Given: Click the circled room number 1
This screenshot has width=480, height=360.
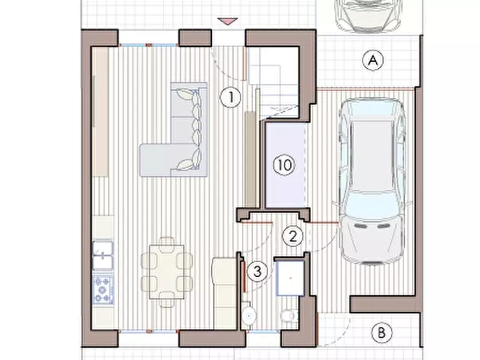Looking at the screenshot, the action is [231, 98].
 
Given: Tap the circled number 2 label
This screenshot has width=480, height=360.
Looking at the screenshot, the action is [292, 236].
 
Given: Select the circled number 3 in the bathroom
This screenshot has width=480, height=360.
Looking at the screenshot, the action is [257, 271].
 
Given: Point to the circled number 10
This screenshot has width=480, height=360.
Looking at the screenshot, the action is [284, 165].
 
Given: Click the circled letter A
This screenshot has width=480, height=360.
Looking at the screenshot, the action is [373, 60].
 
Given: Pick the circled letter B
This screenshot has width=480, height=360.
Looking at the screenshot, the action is [382, 333].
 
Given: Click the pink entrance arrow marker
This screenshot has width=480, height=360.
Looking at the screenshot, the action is [227, 21].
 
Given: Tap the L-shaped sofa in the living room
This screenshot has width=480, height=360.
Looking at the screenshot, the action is [174, 130].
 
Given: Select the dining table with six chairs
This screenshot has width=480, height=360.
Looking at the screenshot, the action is [167, 272].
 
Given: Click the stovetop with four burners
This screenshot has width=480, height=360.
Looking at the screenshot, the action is [103, 290].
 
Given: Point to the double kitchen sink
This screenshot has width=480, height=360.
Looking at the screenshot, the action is [103, 255].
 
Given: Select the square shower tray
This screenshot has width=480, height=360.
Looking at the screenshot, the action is [290, 278].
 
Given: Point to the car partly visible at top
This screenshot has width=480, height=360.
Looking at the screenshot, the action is [368, 15].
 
